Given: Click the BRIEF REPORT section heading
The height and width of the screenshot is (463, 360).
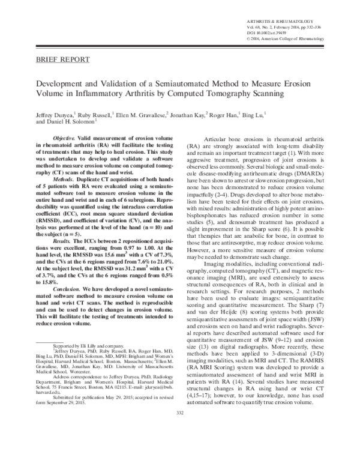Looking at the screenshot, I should (x=64, y=60).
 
